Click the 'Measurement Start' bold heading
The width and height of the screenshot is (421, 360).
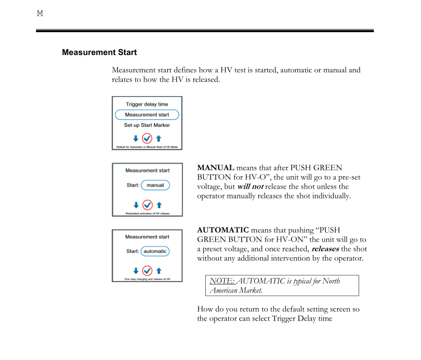coord(99,52)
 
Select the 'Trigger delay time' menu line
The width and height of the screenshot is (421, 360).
coord(147,104)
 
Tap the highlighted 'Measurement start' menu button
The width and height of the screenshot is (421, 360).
coord(147,115)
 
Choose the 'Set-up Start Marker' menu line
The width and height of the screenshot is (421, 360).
coord(147,125)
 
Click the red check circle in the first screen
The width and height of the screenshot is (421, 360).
coord(147,138)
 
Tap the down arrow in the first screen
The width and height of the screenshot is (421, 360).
coord(136,138)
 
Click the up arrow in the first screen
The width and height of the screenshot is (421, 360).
coord(159,138)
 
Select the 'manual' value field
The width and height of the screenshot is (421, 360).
coord(155,185)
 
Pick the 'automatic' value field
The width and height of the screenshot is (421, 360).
coord(155,251)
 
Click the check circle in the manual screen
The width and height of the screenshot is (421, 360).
coord(147,205)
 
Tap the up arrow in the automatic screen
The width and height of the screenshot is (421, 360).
coord(159,271)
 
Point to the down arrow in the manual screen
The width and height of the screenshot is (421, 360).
coord(136,205)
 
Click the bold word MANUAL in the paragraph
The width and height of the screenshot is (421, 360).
coord(215,168)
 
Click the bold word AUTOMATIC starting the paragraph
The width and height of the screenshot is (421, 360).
coord(223,230)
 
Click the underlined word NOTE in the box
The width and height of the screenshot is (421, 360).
coord(218,281)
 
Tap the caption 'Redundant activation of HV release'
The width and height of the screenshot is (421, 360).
coord(147,214)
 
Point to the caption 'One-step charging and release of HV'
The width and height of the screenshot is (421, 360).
coord(147,279)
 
